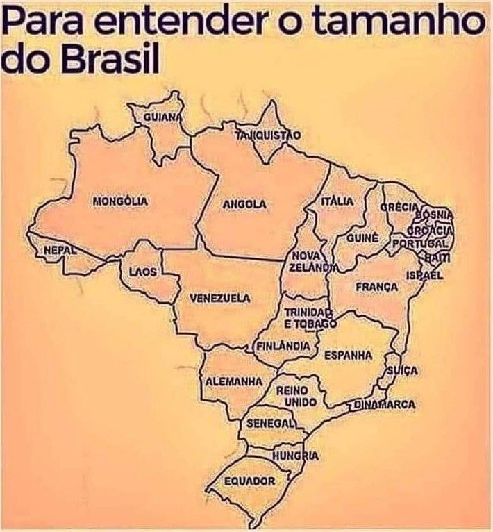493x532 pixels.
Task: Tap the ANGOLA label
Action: click(x=244, y=204)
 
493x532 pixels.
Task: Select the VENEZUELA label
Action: click(x=220, y=299)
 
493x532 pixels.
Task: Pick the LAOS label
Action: click(x=143, y=271)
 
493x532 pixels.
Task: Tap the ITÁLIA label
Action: click(x=337, y=201)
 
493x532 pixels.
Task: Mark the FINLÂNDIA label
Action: click(x=283, y=345)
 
